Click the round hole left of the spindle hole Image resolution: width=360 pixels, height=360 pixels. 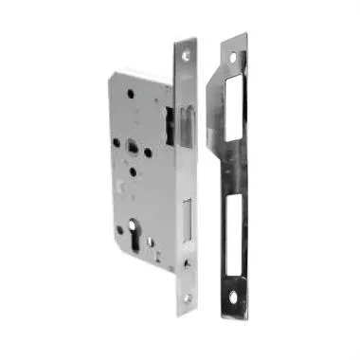[x=116, y=145]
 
